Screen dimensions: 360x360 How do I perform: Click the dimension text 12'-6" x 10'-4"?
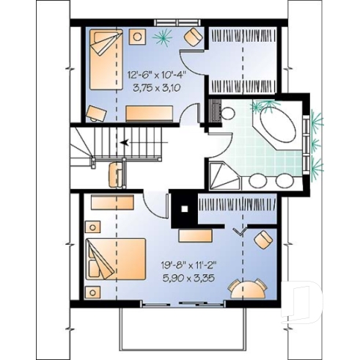point(155,75)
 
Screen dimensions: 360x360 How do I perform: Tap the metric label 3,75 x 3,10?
point(154,87)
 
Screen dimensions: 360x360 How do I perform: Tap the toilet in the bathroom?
point(225,114)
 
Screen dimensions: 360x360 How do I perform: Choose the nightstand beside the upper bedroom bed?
point(136,37)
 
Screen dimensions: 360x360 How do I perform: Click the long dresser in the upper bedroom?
point(150,112)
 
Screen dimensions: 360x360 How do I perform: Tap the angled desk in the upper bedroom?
point(95,112)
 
